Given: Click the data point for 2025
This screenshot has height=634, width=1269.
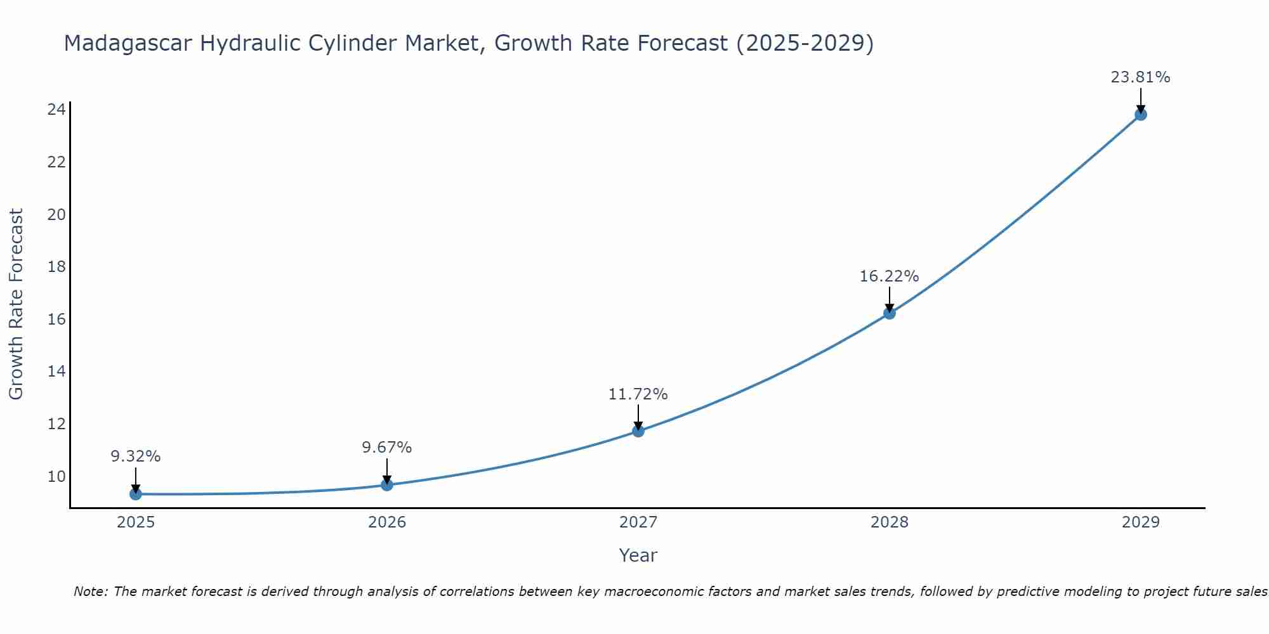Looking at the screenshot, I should tap(135, 494).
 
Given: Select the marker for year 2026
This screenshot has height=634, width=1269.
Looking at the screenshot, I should tap(387, 485).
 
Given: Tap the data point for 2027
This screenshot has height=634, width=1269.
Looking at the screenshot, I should tap(638, 431).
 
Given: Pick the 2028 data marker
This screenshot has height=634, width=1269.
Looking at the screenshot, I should tap(890, 313).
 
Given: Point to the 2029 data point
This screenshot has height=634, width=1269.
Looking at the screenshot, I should tap(1141, 115).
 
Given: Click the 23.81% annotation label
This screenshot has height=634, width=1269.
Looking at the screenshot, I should tap(1140, 77).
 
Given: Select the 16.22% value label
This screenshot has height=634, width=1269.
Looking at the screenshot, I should tap(889, 276).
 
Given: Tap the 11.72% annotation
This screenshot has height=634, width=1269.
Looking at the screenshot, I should tap(638, 394).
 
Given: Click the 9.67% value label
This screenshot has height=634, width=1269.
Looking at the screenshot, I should tap(387, 448).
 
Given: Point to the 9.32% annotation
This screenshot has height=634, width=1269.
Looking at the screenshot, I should tap(136, 456).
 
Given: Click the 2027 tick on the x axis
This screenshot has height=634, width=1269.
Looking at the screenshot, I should tap(638, 522).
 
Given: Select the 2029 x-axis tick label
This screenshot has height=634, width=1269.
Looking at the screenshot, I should tap(1141, 522).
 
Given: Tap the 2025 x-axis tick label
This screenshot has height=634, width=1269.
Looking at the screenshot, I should tap(136, 522).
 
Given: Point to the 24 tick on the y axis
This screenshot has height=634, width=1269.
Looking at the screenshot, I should tap(56, 110).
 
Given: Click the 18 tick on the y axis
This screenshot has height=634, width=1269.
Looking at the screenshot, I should tap(56, 266).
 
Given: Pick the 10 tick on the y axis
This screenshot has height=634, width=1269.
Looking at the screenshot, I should tap(56, 476).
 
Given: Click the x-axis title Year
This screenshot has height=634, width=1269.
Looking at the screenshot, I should tap(638, 555).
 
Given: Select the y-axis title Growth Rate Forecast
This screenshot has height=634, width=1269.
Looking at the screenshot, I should tap(16, 304).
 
